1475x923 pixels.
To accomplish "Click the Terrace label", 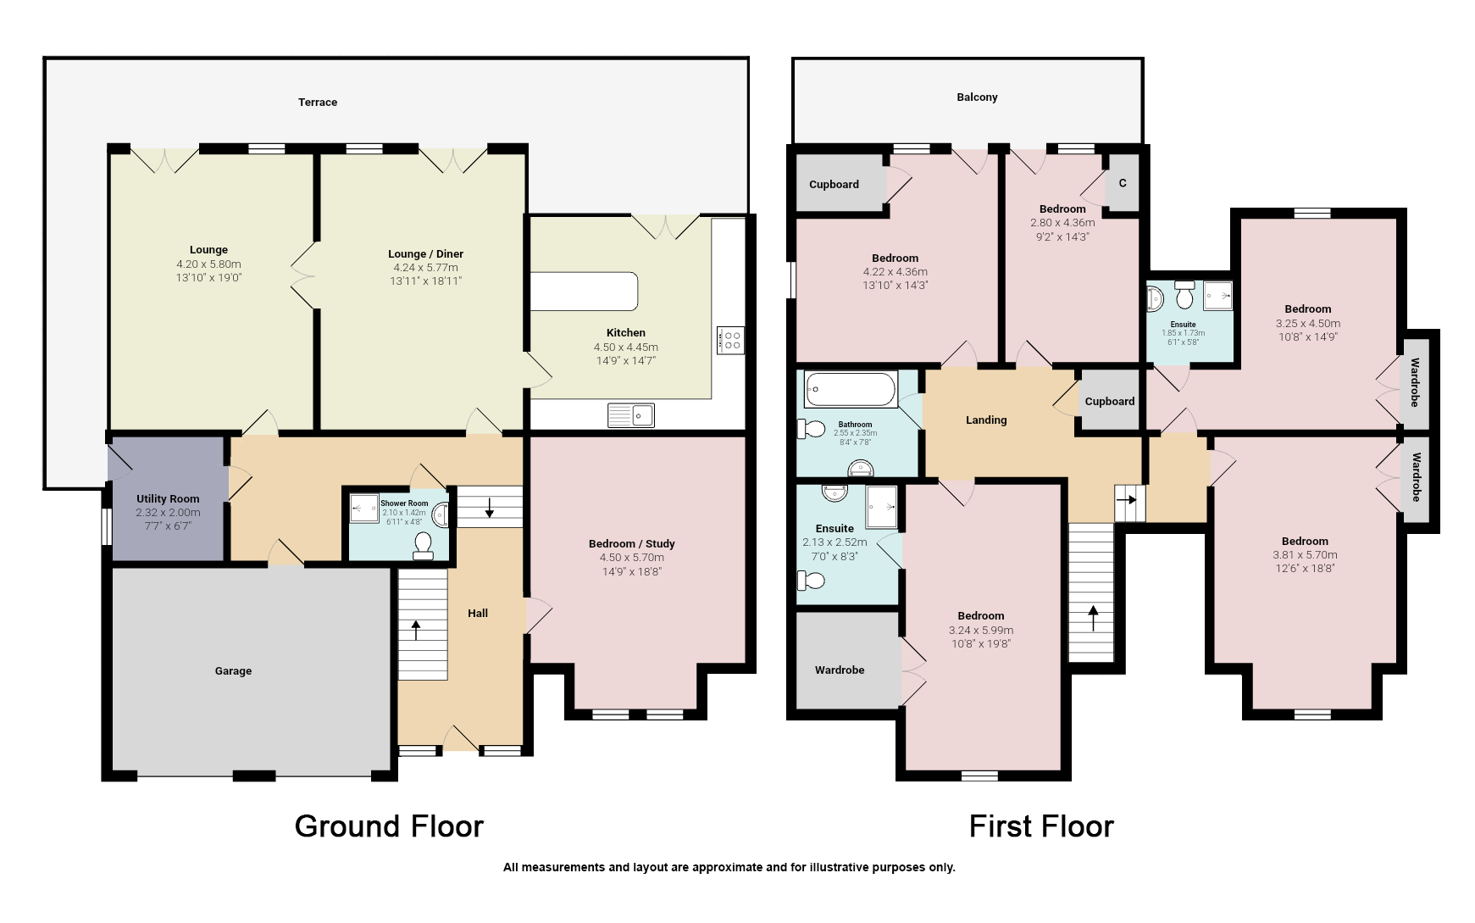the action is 318,102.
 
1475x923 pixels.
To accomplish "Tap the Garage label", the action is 233,670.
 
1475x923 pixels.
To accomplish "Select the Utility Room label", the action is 168,498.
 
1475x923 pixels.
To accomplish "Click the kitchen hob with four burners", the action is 730,340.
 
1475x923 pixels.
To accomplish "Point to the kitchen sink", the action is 631,414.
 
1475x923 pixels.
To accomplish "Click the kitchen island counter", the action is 584,291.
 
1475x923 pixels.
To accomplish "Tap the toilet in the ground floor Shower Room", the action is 423,546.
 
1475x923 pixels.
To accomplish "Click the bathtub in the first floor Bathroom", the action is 850,390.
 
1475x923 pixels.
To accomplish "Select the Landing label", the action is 986,420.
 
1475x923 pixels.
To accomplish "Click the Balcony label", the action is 977,97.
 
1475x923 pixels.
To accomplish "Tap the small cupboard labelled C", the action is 1123,183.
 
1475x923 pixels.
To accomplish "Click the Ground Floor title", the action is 389,826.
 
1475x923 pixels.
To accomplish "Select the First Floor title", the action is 1041,826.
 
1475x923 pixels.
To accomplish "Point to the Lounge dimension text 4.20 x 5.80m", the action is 208,264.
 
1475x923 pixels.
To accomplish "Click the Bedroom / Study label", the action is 631,543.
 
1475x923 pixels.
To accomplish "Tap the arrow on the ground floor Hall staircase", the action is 416,630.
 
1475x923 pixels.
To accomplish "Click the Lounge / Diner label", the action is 425,253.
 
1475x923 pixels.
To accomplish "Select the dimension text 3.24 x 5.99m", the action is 981,630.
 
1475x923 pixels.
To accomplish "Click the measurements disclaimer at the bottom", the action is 729,867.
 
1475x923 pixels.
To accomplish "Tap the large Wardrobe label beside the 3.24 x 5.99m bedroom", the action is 840,670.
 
